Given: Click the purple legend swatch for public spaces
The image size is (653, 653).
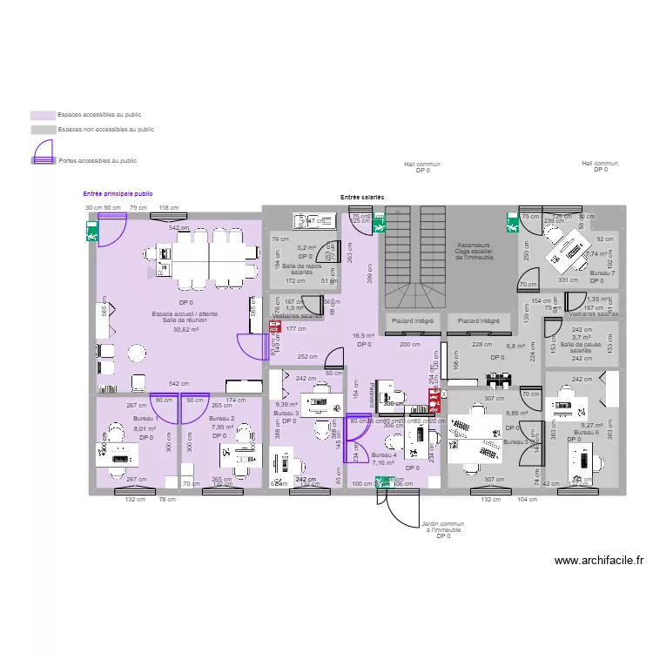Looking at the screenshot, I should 44,115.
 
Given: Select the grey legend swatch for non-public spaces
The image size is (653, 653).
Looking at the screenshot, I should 44,129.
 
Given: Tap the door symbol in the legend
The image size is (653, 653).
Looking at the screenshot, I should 44,159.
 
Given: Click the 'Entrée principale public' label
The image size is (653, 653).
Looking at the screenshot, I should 118,194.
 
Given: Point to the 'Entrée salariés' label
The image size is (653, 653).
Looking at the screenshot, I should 362,199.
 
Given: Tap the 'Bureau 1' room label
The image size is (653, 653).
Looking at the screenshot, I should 145,420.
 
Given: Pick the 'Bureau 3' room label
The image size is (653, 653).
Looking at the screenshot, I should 286,413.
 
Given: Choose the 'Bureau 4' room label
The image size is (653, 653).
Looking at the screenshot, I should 383,455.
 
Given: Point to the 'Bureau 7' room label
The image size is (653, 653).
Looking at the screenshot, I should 602,273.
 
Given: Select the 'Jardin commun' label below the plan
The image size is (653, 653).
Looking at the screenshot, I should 442,524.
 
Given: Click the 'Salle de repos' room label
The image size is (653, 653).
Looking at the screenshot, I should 301,266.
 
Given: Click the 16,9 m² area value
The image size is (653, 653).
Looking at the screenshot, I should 363,335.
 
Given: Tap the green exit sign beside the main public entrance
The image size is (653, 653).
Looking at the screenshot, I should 91,233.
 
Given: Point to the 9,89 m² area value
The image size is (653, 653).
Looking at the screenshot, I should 517,413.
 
